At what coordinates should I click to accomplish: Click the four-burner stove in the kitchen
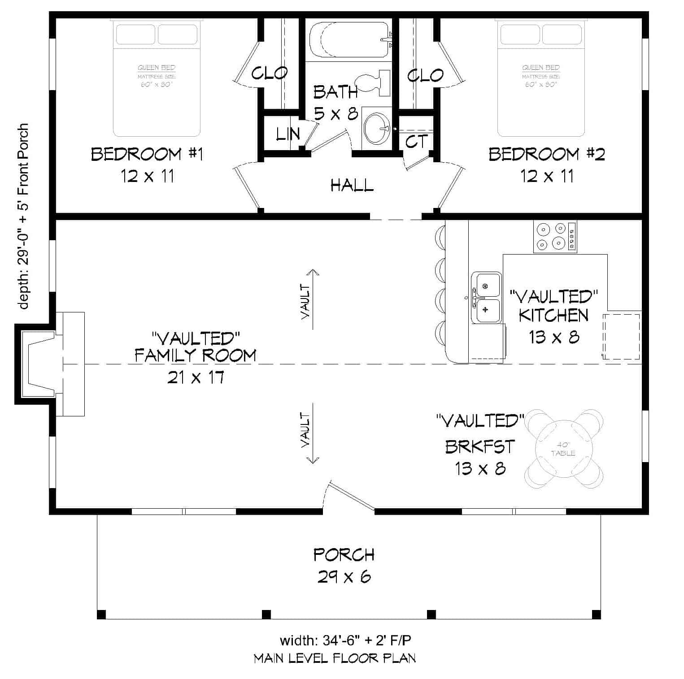pos(554,237)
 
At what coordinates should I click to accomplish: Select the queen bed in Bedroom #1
pos(156,78)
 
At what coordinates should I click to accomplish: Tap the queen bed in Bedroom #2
pos(540,78)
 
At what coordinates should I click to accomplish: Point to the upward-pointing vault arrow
pos(312,298)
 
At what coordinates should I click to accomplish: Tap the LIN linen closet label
pos(287,134)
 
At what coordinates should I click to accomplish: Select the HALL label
pos(352,185)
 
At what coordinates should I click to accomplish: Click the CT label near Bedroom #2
pos(417,142)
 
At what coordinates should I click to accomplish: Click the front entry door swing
pos(350,497)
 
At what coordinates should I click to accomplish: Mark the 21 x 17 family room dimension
pos(196,378)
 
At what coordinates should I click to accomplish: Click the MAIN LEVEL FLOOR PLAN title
pos(335,658)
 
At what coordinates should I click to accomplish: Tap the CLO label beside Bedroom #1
pos(270,73)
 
